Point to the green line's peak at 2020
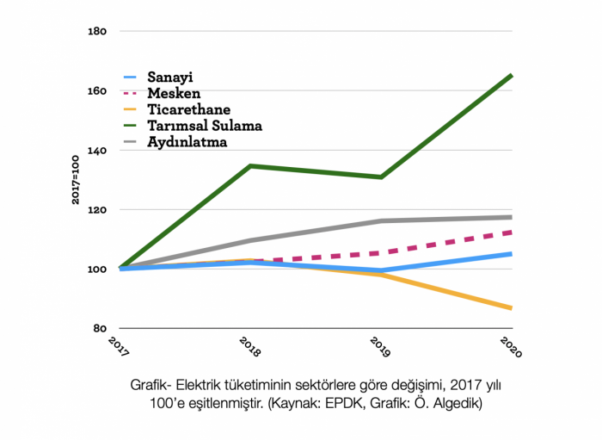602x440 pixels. (x=512, y=76)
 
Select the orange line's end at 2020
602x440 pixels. (x=512, y=307)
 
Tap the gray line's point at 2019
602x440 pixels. (x=381, y=220)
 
